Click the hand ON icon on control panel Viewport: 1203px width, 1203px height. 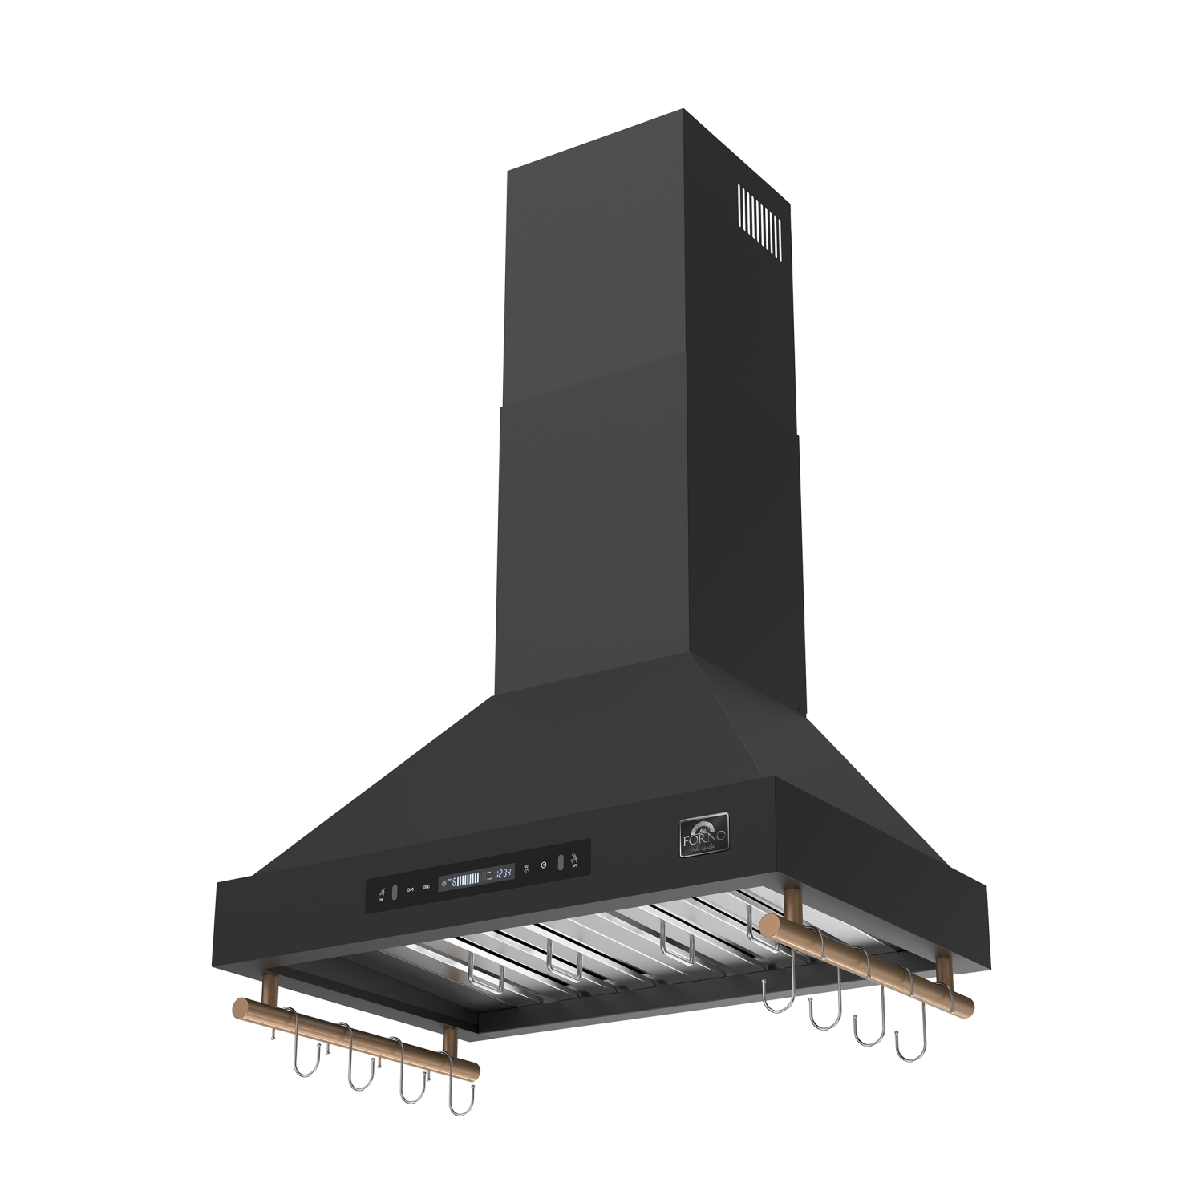(x=382, y=895)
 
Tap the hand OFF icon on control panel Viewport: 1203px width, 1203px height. (x=574, y=861)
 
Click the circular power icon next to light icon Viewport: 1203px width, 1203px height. (x=544, y=865)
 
